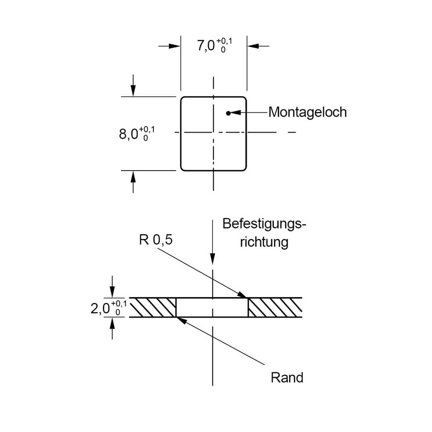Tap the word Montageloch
(307, 112)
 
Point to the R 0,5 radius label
(156, 240)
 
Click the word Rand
(287, 378)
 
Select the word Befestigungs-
(264, 224)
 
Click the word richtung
(264, 242)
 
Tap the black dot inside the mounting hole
(228, 113)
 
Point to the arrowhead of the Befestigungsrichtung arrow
(213, 259)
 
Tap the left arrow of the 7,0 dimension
(175, 46)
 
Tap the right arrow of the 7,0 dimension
(252, 46)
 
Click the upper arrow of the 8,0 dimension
(133, 91)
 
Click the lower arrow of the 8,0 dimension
(133, 176)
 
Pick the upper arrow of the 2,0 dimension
(112, 293)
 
